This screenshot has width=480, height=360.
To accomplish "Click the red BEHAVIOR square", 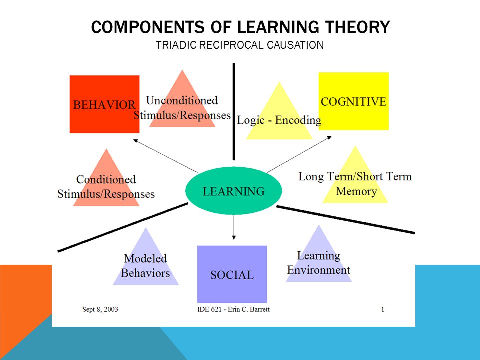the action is pos(104,104).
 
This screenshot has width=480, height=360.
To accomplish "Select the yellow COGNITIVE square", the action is pos(354,101).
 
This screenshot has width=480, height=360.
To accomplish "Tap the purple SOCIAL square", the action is pos(232,274).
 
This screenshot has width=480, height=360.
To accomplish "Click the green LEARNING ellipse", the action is pos(234,191).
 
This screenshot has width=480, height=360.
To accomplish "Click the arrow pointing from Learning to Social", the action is pos(234,227).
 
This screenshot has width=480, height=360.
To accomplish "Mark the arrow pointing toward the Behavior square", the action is pos(165,156).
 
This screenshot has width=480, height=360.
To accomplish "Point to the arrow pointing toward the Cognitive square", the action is pos(299,154).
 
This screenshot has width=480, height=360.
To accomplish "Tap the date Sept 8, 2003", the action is pos(100,309).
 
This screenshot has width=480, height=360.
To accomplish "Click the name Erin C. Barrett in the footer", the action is pos(249,309).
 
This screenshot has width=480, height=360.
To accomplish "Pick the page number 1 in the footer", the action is pos(382,309).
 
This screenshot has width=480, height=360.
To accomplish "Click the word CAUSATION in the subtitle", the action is pos(295,45).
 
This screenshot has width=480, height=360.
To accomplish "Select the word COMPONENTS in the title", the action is pos(148,27).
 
